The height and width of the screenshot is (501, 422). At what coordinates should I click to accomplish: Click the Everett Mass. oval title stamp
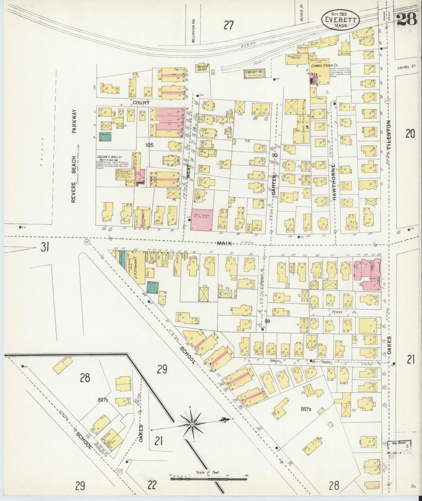pos(340,20)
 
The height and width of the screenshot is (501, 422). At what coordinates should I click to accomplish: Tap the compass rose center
pos(192,424)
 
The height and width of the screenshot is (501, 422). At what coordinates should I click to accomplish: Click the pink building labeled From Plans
pos(202,219)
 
